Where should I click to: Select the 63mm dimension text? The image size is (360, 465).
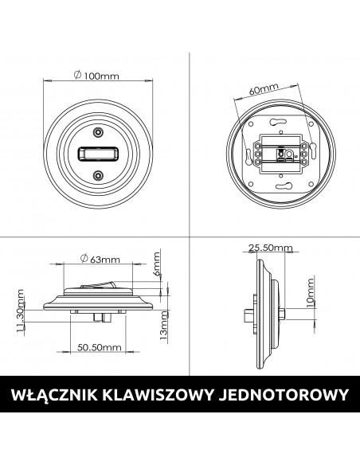tap(101, 259)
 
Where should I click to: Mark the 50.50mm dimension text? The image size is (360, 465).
tap(99, 347)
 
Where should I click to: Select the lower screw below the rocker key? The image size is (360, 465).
tap(97, 174)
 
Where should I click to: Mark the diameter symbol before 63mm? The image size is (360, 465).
tap(84, 259)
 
